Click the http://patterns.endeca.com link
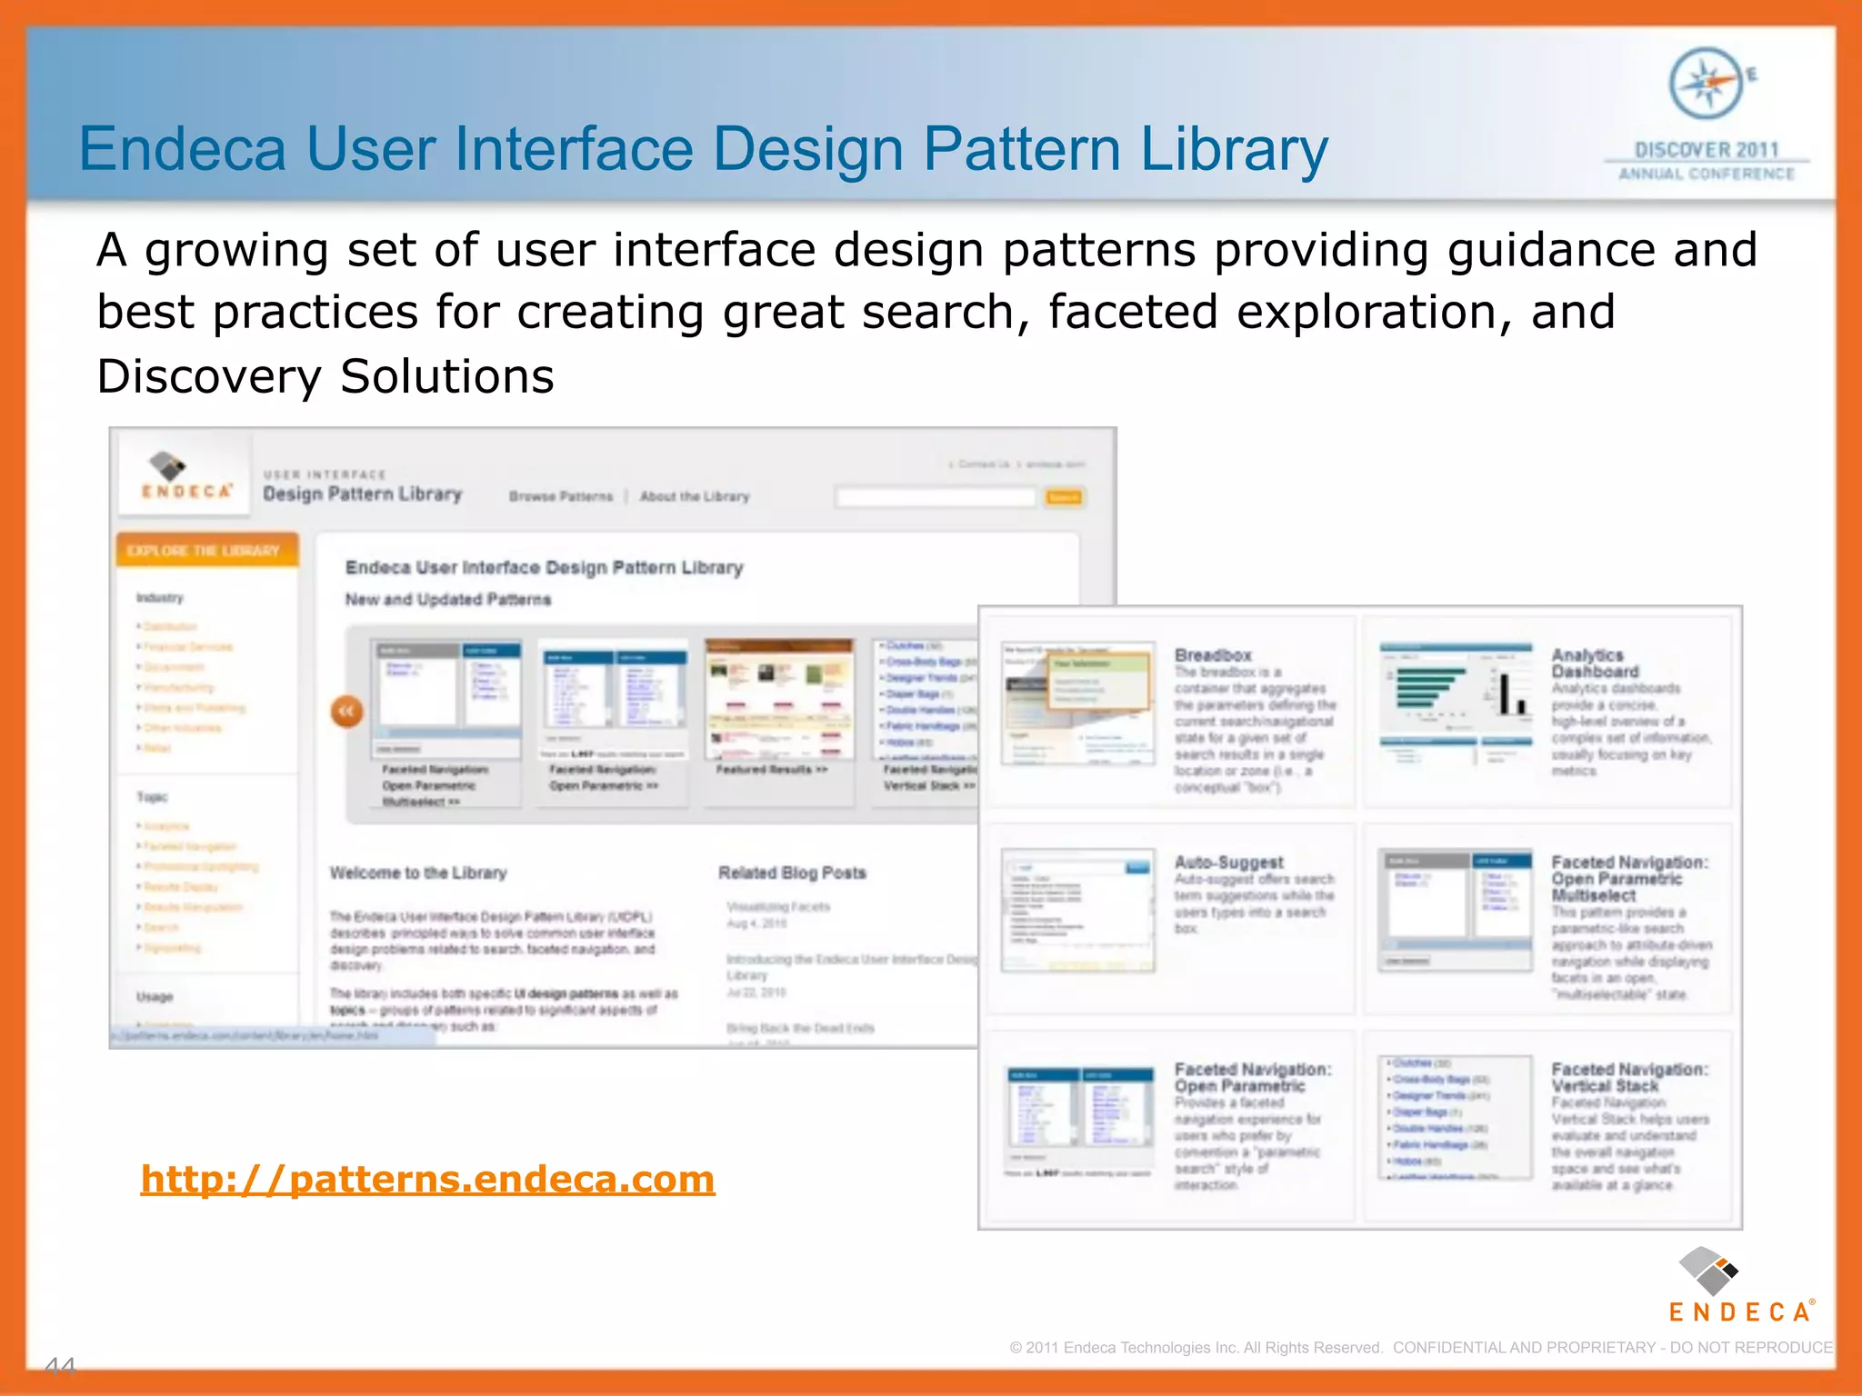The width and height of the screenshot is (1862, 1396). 427,1180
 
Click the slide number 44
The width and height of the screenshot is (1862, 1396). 60,1366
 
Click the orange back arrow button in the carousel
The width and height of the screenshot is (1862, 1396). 346,712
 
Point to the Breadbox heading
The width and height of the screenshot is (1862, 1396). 1213,655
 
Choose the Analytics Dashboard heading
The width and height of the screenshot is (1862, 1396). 1595,663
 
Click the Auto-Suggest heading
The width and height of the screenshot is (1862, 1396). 1228,862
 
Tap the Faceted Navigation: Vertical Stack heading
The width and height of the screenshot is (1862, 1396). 1629,1078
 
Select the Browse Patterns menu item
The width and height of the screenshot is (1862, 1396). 561,496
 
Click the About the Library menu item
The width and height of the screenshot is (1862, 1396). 695,496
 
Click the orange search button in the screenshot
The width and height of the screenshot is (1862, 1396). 1063,497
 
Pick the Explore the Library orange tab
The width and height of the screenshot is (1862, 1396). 204,551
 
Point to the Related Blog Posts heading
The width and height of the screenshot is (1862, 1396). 792,872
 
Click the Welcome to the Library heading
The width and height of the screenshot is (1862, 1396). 418,872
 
